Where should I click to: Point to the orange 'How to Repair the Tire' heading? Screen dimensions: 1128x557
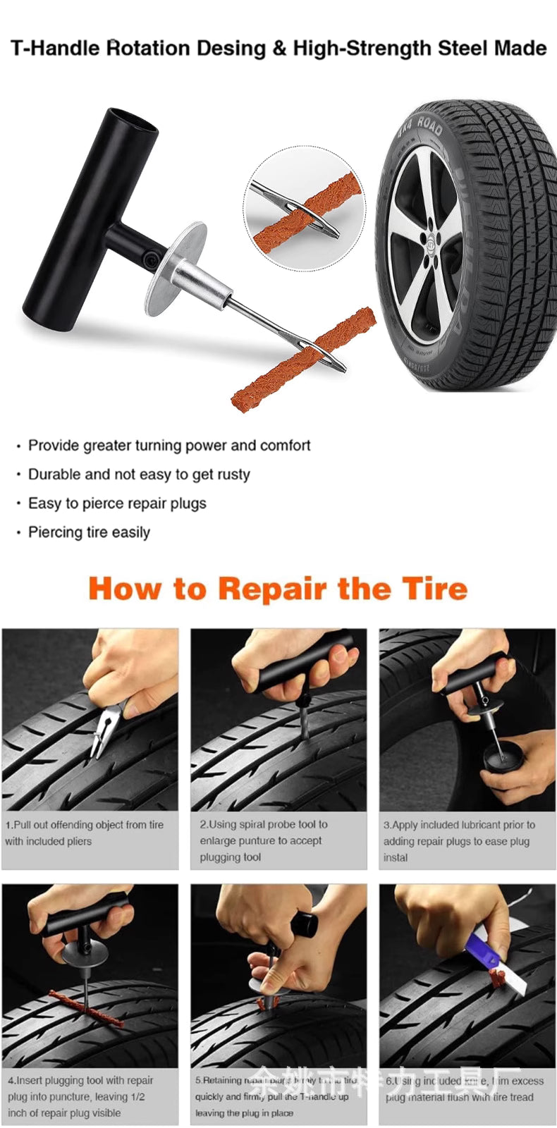(x=278, y=589)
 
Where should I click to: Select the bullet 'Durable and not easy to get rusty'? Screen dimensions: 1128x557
(x=138, y=474)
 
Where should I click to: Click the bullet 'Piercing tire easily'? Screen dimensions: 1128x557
(x=89, y=532)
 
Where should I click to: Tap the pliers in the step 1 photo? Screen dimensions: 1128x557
(x=106, y=730)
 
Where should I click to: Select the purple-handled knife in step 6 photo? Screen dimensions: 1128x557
(x=480, y=951)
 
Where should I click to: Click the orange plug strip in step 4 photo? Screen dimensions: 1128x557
(x=85, y=1006)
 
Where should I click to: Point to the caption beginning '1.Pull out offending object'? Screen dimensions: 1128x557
(x=84, y=833)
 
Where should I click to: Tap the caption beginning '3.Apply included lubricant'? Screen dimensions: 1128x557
(x=458, y=840)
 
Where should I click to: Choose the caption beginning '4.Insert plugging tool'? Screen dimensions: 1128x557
(x=80, y=1096)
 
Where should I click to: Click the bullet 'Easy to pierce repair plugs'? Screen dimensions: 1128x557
(x=117, y=503)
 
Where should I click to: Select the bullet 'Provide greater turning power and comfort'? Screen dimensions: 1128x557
(x=169, y=446)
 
